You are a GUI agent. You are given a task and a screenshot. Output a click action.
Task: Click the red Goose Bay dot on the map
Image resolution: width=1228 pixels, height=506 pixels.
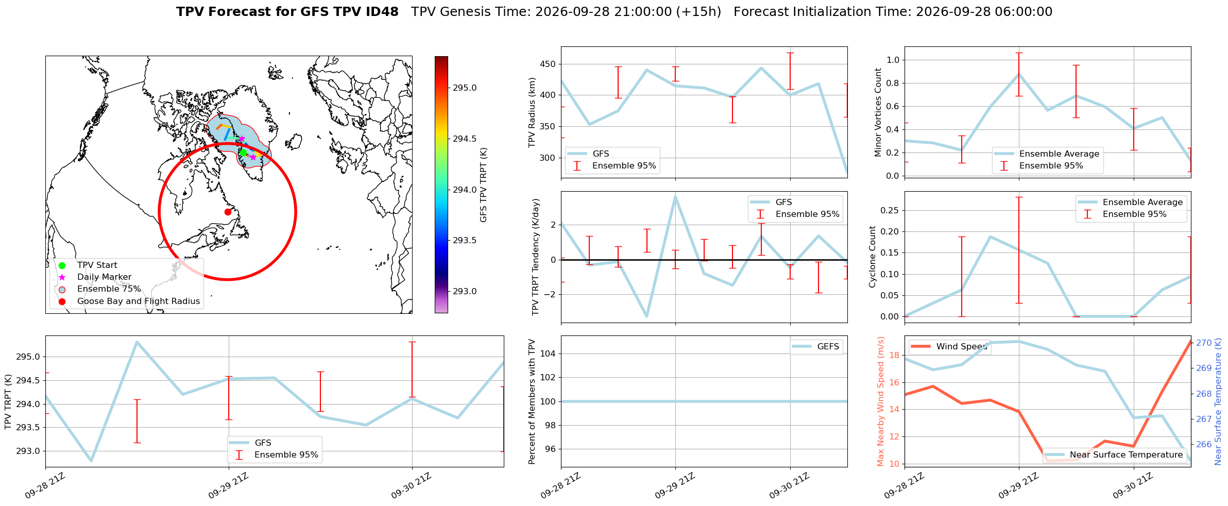pos(228,212)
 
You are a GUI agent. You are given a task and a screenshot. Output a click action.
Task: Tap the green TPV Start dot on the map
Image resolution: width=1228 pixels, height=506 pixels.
pos(243,153)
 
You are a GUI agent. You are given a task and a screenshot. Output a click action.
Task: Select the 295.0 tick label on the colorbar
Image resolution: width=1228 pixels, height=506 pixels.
pos(465,88)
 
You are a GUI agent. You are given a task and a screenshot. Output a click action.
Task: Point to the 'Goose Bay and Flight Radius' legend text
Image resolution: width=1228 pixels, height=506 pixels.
pos(139,301)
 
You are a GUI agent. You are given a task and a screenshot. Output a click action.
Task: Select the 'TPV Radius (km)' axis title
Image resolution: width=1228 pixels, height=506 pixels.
pos(532,112)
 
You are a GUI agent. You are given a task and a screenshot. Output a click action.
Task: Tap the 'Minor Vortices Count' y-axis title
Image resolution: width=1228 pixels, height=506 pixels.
pos(878,112)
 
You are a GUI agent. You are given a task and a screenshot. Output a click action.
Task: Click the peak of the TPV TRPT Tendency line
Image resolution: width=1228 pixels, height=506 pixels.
pos(675,196)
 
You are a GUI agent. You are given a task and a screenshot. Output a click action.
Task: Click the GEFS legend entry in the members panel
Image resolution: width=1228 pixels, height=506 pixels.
pos(816,347)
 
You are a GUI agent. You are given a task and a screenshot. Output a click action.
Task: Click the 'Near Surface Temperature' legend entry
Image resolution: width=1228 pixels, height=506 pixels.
pos(1115,455)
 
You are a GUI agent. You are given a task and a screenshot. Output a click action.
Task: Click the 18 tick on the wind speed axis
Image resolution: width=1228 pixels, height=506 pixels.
pos(894,355)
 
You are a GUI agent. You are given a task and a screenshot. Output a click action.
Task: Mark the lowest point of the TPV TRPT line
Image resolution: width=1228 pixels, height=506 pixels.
pos(91,461)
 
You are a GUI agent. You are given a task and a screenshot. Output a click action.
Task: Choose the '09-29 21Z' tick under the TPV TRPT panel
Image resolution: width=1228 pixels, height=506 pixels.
pos(228,486)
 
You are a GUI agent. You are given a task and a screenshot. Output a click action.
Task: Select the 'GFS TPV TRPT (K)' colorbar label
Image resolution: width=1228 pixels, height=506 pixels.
pos(483,185)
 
